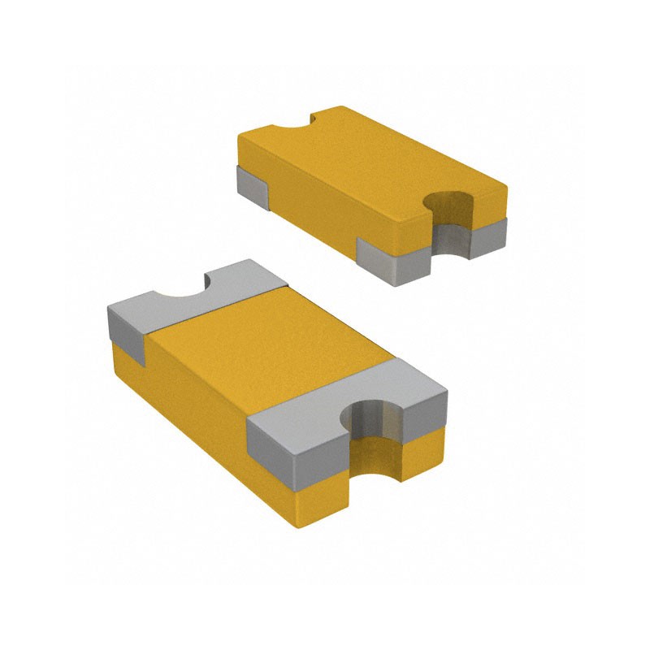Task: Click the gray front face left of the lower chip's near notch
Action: (297, 459)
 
